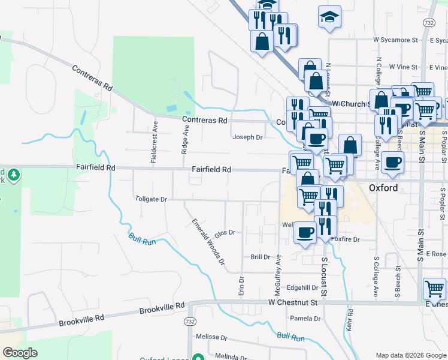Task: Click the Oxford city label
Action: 383,187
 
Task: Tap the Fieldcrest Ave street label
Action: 154,142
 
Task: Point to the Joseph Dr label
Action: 247,137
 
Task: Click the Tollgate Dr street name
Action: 150,198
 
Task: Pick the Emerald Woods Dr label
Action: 208,241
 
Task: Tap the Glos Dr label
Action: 224,233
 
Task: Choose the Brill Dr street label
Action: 261,257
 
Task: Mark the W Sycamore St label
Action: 395,40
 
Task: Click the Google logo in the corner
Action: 20,353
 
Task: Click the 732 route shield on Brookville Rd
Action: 190,322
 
